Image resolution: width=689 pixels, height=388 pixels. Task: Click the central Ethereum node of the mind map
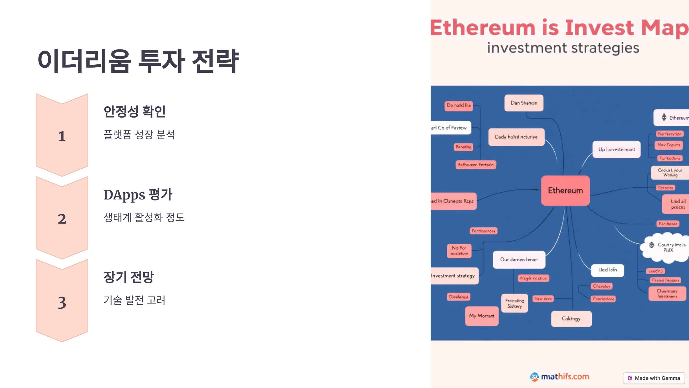coord(565,191)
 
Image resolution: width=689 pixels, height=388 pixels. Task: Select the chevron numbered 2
coord(62,218)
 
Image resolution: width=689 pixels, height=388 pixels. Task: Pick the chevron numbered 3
coord(62,302)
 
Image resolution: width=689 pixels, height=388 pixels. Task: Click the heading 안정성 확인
coord(134,112)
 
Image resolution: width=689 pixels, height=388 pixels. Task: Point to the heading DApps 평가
coord(138,195)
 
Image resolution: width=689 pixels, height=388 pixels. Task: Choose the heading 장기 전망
coord(129,277)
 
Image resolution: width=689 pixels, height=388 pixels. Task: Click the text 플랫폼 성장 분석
coord(139,135)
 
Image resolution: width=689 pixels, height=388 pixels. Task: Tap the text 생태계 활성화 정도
coord(144,217)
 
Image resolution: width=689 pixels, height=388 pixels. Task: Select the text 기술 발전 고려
coord(134,300)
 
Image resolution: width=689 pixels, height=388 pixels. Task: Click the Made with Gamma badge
coord(654,378)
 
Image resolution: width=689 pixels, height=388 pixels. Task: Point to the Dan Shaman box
coord(524,103)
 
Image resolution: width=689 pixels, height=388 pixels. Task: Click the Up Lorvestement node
coord(617,149)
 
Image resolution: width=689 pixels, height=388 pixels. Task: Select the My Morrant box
coord(482,316)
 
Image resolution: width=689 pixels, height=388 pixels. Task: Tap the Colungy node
coord(571,319)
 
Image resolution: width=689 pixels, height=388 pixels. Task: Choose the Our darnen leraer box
coord(519,260)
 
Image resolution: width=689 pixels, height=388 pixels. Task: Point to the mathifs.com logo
coord(560,377)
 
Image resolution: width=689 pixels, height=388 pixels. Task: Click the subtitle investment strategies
coord(563,48)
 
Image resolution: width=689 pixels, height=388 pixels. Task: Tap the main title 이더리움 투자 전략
coord(138,61)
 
